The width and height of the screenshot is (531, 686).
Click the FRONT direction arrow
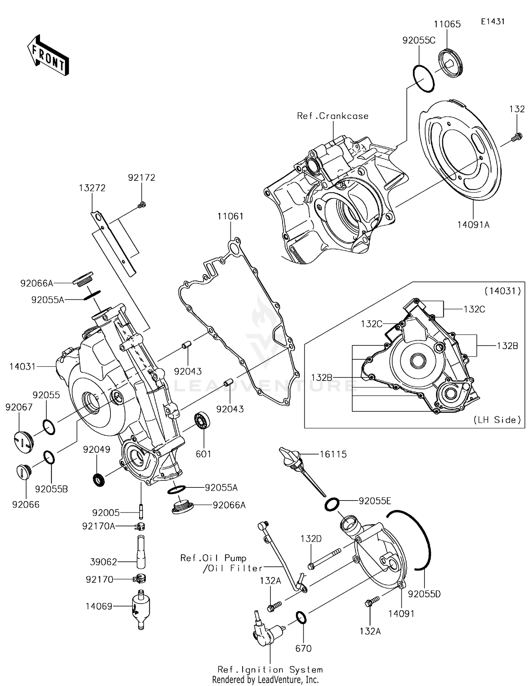pyautogui.click(x=48, y=56)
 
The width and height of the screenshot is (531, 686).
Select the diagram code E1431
pyautogui.click(x=492, y=22)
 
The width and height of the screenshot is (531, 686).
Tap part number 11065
pyautogui.click(x=447, y=24)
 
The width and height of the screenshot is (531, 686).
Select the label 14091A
pyautogui.click(x=473, y=224)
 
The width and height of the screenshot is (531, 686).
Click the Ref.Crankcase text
pyautogui.click(x=332, y=116)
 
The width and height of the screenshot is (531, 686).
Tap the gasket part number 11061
pyautogui.click(x=230, y=216)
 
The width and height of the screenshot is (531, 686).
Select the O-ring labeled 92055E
pyautogui.click(x=332, y=504)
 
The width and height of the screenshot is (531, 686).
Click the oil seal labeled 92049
pyautogui.click(x=99, y=480)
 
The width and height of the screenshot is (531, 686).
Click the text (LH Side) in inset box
pyautogui.click(x=497, y=420)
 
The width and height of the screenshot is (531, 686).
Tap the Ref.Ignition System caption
pyautogui.click(x=270, y=669)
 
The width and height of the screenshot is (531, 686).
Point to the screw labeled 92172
pyautogui.click(x=142, y=204)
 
